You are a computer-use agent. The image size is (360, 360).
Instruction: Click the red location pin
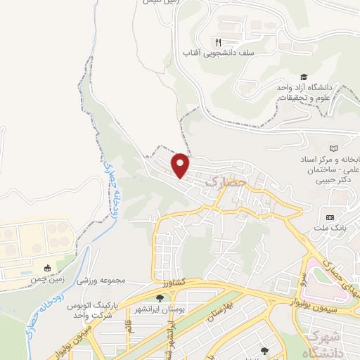tap(181, 165)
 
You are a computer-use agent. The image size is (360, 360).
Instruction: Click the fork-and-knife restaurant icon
tap(218, 41)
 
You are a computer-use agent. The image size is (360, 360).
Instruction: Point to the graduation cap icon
tap(304, 77)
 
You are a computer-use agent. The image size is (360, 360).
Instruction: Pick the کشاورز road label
tap(171, 281)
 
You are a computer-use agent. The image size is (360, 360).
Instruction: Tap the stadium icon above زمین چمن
tap(47, 268)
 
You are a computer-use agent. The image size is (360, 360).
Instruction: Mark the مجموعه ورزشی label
tap(103, 281)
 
